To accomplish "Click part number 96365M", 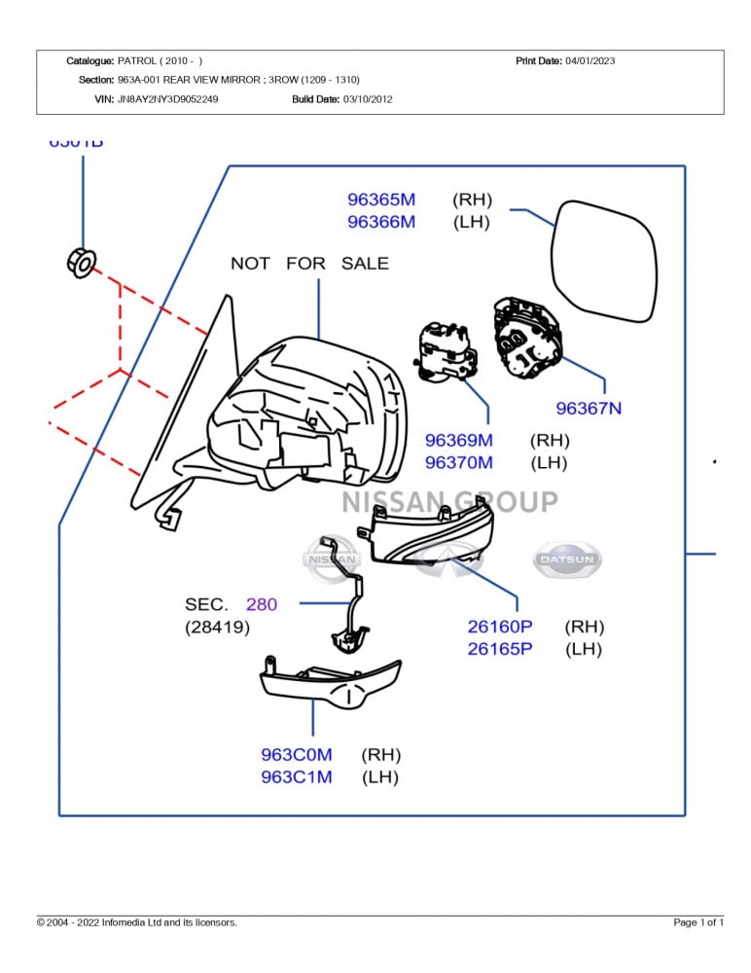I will tap(381, 199).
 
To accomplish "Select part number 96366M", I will tap(381, 222).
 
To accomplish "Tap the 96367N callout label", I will tap(589, 409).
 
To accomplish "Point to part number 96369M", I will tap(459, 441).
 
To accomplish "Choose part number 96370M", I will tap(459, 463).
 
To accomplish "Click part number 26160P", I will tap(500, 627).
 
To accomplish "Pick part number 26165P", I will tap(500, 649).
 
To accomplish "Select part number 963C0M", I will tap(297, 755).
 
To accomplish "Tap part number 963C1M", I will tap(297, 777).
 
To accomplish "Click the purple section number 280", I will tap(261, 605).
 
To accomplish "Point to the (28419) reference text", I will tap(217, 628).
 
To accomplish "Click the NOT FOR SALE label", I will tap(309, 263).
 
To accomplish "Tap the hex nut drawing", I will tap(83, 261).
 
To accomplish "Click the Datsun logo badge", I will tap(568, 560).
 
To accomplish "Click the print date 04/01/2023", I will tap(590, 61).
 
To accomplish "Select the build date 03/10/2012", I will tap(368, 99).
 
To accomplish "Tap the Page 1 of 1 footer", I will tap(698, 922).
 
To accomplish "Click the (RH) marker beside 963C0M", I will tap(381, 755).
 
